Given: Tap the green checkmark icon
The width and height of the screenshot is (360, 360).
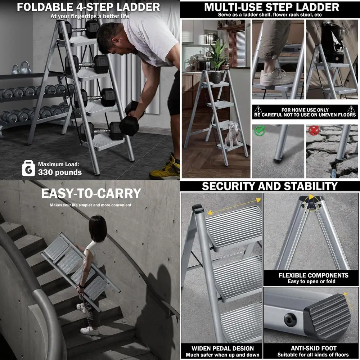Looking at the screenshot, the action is pos(260,131).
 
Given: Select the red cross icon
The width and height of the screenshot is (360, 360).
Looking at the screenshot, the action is pos(314,130).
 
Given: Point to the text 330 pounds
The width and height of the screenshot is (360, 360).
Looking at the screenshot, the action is pos(60,172).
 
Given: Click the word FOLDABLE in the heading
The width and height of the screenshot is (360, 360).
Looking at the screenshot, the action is pos(45,7).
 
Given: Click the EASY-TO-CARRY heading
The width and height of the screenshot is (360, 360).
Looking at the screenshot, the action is pos(91,193).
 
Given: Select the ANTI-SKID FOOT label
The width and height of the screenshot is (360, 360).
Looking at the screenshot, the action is pos(314,348).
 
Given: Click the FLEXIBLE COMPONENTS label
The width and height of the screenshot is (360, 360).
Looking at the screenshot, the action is pos(314,275).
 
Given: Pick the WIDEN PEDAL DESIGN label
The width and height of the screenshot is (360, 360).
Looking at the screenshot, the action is pos(223,348).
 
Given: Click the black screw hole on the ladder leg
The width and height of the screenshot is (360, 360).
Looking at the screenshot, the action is pos(291,319).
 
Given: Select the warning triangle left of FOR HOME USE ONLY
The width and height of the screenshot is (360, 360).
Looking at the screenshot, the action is pos(258,109).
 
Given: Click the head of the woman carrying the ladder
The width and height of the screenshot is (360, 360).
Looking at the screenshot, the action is pos(98,229).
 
